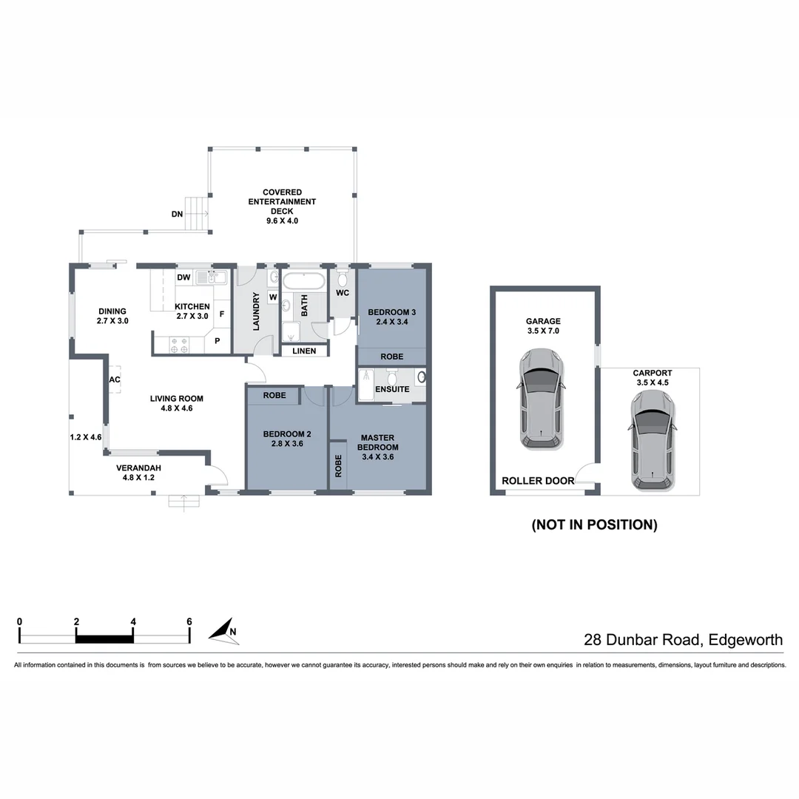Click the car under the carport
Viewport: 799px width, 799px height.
653,441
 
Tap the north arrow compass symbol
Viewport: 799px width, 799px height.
221,630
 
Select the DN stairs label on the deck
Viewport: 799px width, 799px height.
177,215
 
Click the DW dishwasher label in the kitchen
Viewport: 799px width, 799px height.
183,277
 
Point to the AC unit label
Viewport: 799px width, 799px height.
115,380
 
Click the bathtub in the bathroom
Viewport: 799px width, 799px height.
304,282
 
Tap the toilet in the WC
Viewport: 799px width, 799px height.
342,278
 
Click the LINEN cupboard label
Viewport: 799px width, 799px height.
303,351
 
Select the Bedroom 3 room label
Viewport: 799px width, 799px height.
388,317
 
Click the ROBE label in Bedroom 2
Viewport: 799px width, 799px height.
274,396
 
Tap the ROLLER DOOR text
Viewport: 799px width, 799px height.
538,481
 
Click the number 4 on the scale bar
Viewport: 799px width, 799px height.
133,621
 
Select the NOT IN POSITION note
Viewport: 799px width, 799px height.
594,525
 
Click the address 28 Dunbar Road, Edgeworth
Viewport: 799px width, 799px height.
683,640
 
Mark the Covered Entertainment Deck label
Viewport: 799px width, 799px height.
282,206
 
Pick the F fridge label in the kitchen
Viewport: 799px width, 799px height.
221,314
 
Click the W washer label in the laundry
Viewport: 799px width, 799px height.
273,297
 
